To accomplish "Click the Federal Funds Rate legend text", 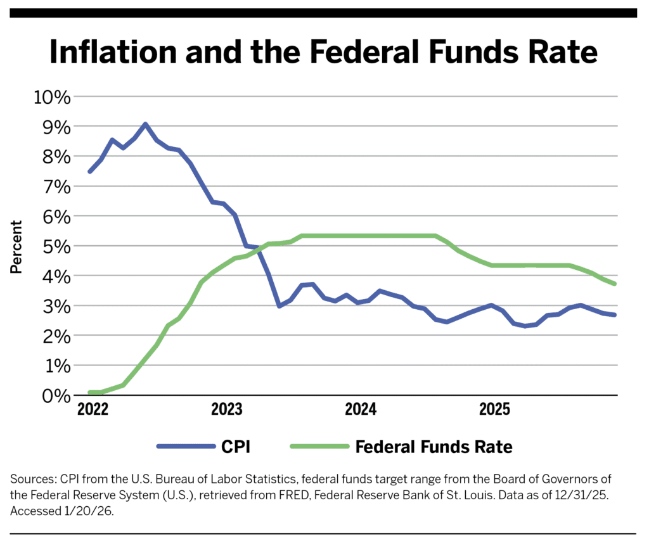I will click(x=434, y=447).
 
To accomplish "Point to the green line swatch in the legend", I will click(x=320, y=447).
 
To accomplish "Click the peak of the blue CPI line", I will click(x=145, y=124).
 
